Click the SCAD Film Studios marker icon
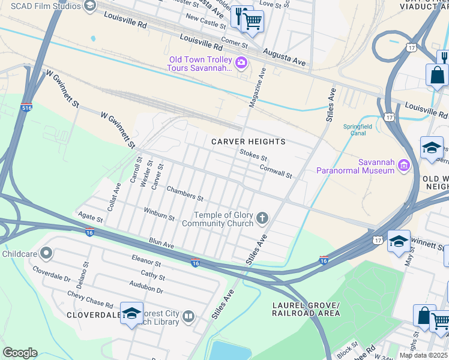[x=90, y=6]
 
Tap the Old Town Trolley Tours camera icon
[x=241, y=62]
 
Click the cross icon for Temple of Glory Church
[x=262, y=217]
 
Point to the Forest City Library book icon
[x=188, y=316]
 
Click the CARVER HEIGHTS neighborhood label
[x=248, y=142]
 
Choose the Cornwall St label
[x=276, y=172]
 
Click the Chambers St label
[x=185, y=194]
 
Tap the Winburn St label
[x=158, y=214]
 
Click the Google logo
[x=20, y=353]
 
